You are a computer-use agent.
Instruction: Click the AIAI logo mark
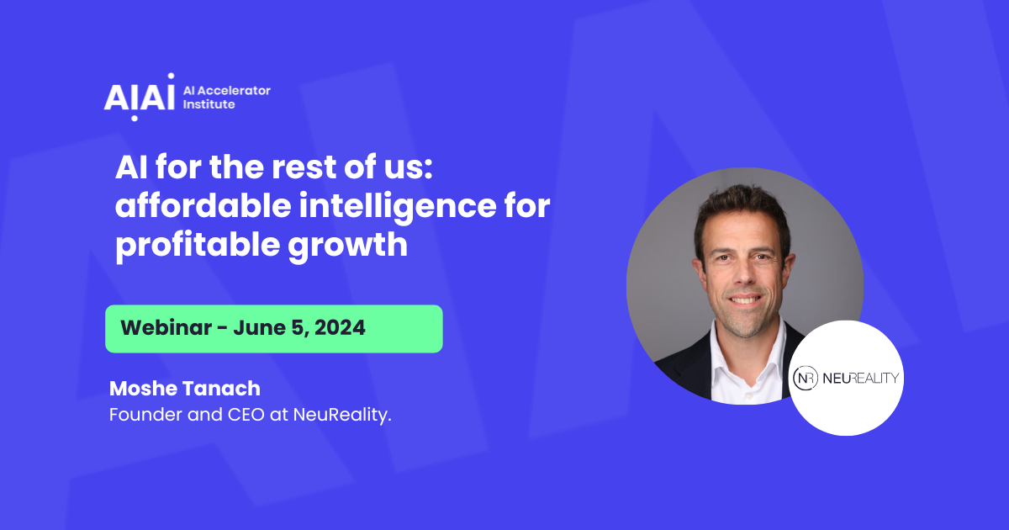click(140, 96)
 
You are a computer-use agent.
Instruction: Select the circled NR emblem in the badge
click(806, 379)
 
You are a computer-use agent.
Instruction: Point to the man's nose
click(742, 269)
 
